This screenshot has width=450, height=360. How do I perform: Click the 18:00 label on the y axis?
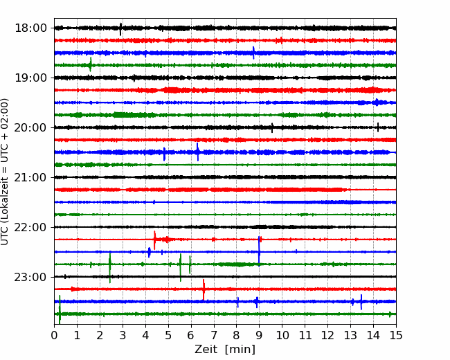30,28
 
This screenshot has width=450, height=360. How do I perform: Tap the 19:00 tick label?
30,78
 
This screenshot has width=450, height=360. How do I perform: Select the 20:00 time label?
30,127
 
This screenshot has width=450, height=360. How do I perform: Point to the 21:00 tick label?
30,177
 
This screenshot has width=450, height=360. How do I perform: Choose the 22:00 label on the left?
30,227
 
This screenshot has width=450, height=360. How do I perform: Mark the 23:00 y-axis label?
30,277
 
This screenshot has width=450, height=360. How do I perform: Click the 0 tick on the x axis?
54,335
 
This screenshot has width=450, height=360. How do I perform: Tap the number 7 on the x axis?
214,335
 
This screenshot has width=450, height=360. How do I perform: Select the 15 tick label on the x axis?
396,335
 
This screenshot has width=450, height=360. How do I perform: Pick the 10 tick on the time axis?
282,335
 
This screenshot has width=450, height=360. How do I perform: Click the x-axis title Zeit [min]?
225,350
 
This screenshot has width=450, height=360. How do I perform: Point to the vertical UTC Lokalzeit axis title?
4,172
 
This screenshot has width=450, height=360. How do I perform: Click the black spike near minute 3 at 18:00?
120,29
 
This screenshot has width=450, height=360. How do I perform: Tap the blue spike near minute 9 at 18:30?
253,53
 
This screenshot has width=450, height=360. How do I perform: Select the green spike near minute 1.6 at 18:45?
91,64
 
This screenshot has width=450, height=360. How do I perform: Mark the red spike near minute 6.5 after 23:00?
204,289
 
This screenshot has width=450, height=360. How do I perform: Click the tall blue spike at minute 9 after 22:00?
259,251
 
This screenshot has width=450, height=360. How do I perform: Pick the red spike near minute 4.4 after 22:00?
154,240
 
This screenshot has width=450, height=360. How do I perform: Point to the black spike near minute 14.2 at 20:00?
378,127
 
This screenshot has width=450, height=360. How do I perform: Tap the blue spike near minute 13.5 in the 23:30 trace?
361,302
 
